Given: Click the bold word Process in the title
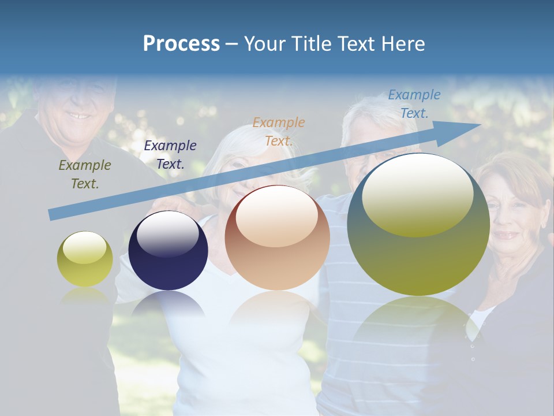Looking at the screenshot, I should pyautogui.click(x=181, y=44).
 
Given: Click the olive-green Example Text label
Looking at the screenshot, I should pyautogui.click(x=85, y=174).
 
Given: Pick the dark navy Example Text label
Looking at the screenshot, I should pyautogui.click(x=170, y=155).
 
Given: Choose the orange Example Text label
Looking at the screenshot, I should pyautogui.click(x=279, y=131).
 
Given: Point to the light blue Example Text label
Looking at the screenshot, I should pyautogui.click(x=414, y=104).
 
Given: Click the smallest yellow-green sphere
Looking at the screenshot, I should pyautogui.click(x=85, y=259).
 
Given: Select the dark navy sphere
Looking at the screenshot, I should pyautogui.click(x=168, y=251).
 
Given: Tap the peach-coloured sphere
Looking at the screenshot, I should pyautogui.click(x=277, y=238).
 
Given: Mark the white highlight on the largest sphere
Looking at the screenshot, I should pyautogui.click(x=417, y=194).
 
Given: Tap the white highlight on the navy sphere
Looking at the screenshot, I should pyautogui.click(x=167, y=233).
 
